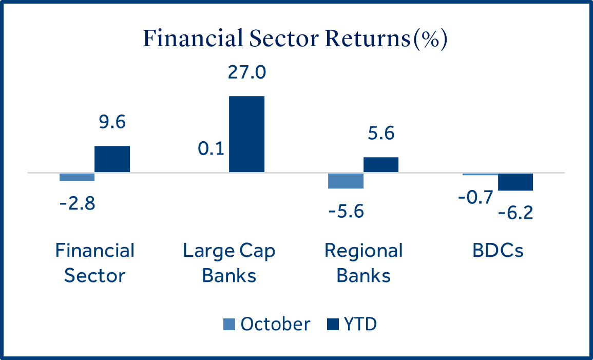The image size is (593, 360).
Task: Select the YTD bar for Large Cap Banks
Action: pos(246,134)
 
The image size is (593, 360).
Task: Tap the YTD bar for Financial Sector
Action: pos(112,159)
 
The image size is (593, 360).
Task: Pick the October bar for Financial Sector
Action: pos(77,177)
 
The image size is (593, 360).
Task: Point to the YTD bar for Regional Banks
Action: pos(381,164)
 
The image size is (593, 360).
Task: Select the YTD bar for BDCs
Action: pos(515,182)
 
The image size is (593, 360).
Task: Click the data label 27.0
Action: pos(246,72)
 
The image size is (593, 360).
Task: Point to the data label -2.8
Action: pos(78,202)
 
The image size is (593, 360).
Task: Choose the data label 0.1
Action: pos(212,149)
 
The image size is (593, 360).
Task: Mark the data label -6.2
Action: pos(515,211)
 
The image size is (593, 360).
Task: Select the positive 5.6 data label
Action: pos(380,134)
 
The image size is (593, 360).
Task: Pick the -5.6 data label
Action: pos(345,211)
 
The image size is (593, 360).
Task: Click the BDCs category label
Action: pos(498,251)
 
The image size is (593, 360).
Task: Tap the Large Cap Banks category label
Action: pos(229,263)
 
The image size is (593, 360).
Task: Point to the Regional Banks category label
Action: pos(364,263)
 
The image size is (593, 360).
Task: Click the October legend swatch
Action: pos(229,325)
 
